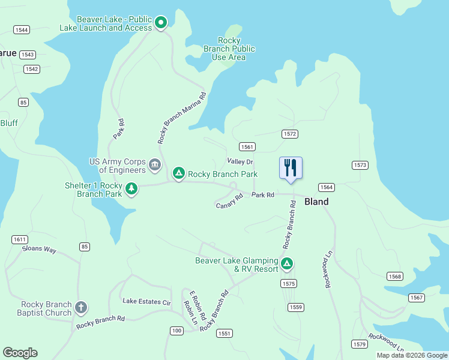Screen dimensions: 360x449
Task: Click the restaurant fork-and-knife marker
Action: pyautogui.click(x=291, y=167)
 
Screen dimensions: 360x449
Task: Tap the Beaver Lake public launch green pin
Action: pyautogui.click(x=161, y=23)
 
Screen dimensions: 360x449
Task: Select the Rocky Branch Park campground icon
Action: pyautogui.click(x=178, y=174)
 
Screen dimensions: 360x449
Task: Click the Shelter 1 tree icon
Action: pyautogui.click(x=131, y=190)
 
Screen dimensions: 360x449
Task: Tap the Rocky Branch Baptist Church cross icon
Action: pyautogui.click(x=81, y=308)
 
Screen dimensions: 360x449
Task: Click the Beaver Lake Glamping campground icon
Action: pyautogui.click(x=288, y=263)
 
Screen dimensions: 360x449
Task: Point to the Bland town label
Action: pyautogui.click(x=316, y=202)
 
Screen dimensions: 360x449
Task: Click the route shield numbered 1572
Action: pyautogui.click(x=289, y=134)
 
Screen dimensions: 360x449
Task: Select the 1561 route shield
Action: pyautogui.click(x=247, y=147)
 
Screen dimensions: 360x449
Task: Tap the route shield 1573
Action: pyautogui.click(x=360, y=165)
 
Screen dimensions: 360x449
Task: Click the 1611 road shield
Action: pyautogui.click(x=20, y=239)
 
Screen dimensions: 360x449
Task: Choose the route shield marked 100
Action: pyautogui.click(x=176, y=331)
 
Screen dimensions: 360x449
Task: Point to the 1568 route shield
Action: pyautogui.click(x=394, y=277)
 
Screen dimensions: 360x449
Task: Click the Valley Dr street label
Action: pyautogui.click(x=240, y=162)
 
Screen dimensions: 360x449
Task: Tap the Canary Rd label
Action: pyautogui.click(x=229, y=201)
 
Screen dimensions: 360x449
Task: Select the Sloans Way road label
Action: pyautogui.click(x=39, y=249)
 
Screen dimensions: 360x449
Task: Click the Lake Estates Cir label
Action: pyautogui.click(x=146, y=301)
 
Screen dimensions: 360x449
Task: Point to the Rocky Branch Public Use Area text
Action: pyautogui.click(x=229, y=49)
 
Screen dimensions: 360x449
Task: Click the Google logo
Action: pyautogui.click(x=20, y=353)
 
